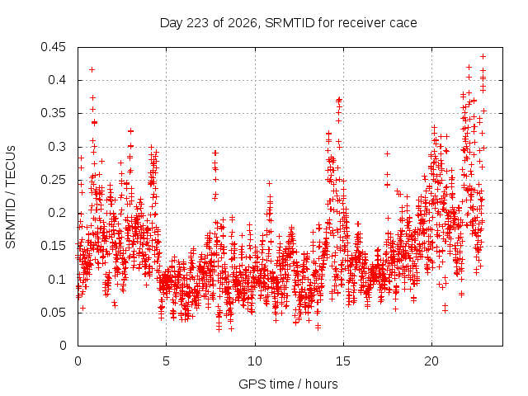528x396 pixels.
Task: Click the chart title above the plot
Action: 288,23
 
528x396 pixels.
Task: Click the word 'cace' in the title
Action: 403,23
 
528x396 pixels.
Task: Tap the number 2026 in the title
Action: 242,23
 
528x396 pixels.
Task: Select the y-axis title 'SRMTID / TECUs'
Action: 11,197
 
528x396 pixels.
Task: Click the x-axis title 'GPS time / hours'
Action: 288,384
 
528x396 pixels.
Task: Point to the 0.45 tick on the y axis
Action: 53,47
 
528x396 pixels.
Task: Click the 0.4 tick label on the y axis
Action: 57,80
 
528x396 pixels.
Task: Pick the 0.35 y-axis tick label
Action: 53,113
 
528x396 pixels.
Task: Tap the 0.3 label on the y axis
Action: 57,147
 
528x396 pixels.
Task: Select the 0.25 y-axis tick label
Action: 53,180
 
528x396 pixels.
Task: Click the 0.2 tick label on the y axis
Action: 57,213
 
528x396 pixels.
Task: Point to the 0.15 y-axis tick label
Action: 53,246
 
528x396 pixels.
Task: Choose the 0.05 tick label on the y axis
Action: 53,313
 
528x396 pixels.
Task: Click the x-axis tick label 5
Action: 167,361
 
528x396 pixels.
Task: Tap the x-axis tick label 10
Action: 255,361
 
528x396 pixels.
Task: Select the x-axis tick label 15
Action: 343,361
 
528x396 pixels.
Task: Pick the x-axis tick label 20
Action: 431,361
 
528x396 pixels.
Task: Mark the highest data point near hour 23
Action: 483,57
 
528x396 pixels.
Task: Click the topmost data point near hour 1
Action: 92,69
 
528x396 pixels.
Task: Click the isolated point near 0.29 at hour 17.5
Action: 387,154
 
